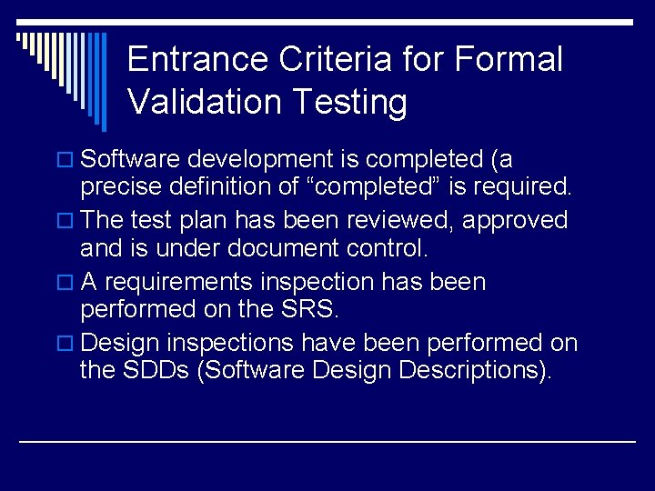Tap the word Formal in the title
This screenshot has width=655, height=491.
coord(508,60)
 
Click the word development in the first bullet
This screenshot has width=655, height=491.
coord(261,160)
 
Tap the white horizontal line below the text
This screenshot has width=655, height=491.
coord(327,441)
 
